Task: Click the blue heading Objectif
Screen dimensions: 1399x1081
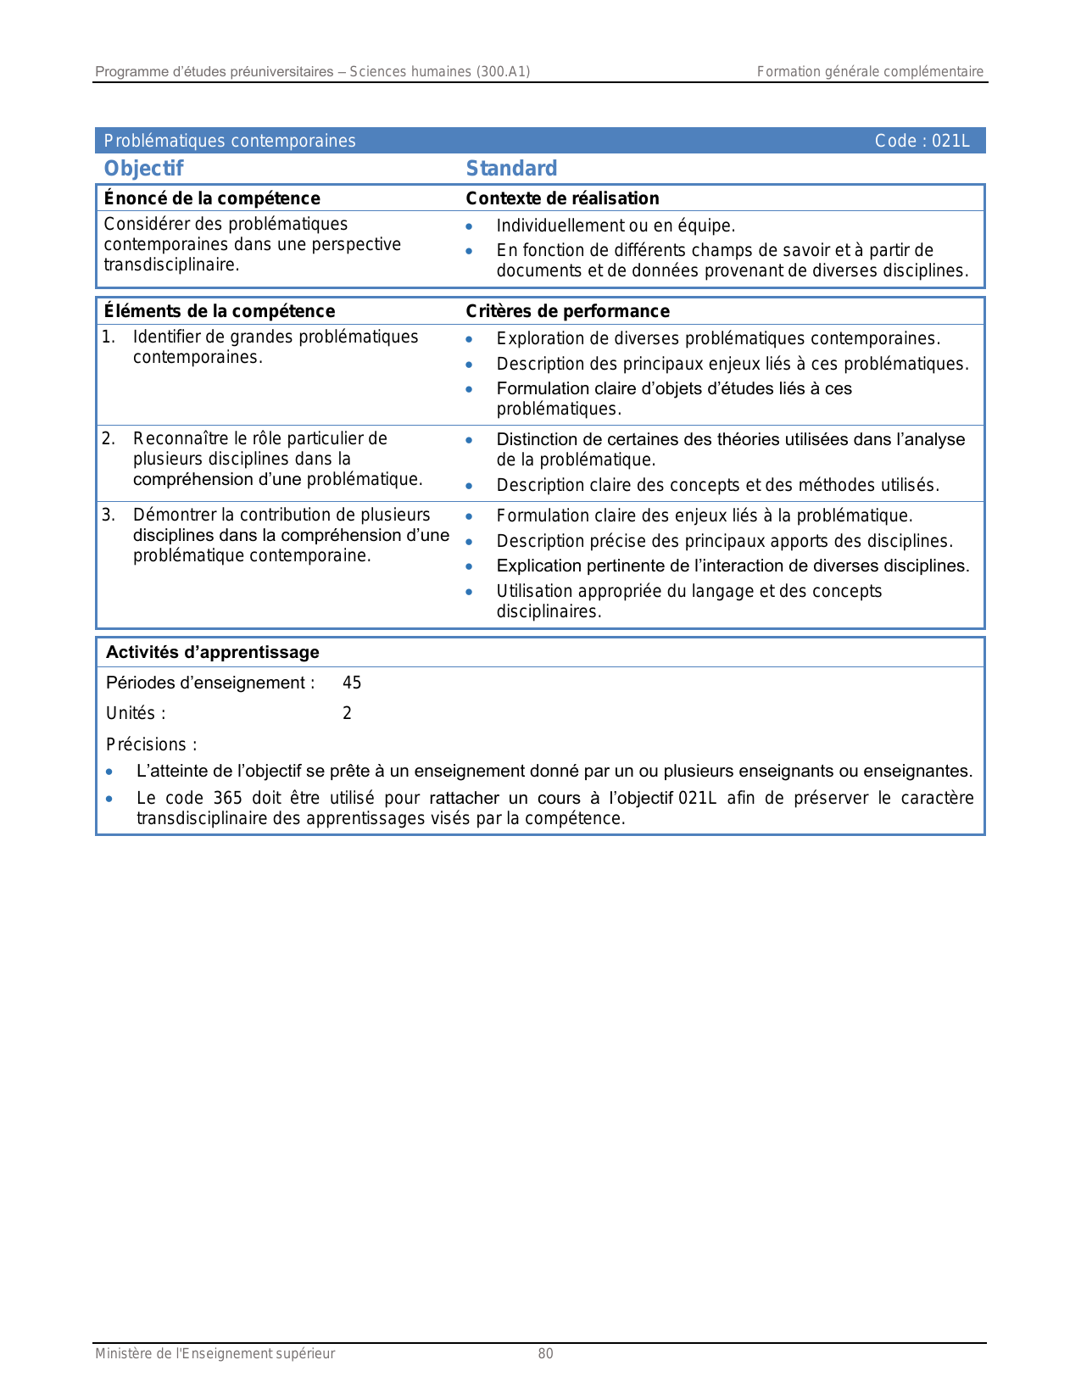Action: [x=143, y=169]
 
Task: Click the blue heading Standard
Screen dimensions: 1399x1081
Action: [x=511, y=169]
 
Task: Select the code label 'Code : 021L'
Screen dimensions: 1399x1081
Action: [x=922, y=141]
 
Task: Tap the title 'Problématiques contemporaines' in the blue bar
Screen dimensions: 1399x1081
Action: [x=230, y=141]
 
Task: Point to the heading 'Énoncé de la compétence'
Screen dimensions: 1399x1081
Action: [x=212, y=198]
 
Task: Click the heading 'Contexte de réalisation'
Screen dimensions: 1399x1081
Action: [x=562, y=198]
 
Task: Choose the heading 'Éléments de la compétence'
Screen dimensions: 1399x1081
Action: [x=220, y=311]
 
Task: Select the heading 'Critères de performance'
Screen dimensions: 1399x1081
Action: [x=567, y=311]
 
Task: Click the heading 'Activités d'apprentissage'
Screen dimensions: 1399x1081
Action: [x=213, y=652]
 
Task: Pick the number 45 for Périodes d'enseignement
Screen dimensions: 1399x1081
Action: [x=352, y=683]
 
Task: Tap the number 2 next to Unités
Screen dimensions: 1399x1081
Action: [x=347, y=713]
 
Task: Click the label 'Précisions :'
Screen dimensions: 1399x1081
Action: [x=152, y=744]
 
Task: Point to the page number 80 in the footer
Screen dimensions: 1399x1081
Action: [x=545, y=1354]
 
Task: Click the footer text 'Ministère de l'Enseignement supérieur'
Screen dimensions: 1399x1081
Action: [x=215, y=1354]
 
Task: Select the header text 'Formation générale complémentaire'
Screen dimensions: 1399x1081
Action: [x=870, y=72]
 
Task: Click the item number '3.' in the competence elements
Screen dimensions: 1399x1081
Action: [x=109, y=515]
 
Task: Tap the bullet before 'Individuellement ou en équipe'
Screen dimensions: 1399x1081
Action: [x=469, y=226]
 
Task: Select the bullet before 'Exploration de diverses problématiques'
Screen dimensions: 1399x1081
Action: [x=469, y=339]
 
